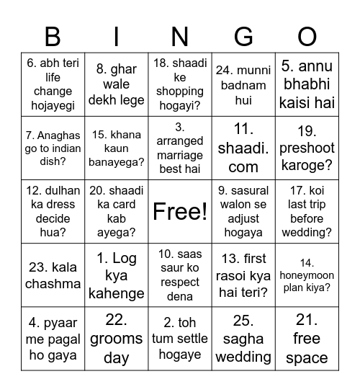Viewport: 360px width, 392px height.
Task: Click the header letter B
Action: [x=53, y=36]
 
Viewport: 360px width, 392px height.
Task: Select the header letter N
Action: [x=180, y=36]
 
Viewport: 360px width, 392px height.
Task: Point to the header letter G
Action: [x=243, y=36]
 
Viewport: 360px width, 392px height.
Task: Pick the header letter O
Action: [x=307, y=36]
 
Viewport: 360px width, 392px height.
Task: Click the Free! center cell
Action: [x=180, y=212]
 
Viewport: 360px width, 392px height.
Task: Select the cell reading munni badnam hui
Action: [x=243, y=85]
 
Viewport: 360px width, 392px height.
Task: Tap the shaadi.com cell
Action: [x=243, y=148]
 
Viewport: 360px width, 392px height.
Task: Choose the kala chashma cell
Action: [x=53, y=275]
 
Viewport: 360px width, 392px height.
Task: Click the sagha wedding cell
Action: [x=243, y=339]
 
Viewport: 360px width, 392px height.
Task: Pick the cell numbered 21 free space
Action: [x=307, y=339]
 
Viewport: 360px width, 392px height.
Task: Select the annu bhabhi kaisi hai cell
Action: [x=307, y=85]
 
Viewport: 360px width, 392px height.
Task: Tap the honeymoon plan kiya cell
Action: [x=307, y=275]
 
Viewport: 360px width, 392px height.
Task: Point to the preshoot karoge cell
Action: [x=307, y=148]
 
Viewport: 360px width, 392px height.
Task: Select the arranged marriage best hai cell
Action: [x=180, y=148]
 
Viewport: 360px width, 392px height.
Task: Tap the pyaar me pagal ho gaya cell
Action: [x=53, y=339]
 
